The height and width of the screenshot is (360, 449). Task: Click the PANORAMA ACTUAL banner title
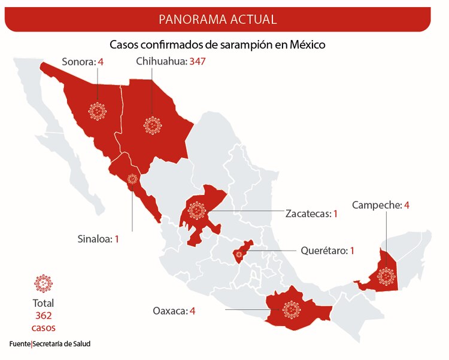217,19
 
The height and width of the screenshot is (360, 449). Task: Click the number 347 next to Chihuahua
198,61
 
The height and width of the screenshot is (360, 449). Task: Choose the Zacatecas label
307,213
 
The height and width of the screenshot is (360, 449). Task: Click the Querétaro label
323,251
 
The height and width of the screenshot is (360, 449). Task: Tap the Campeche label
377,205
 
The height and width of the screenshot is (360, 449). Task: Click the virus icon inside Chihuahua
153,124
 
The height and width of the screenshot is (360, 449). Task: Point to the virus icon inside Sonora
96,111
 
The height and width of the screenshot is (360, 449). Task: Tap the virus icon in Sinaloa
132,178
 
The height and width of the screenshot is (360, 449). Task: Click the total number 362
43,315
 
